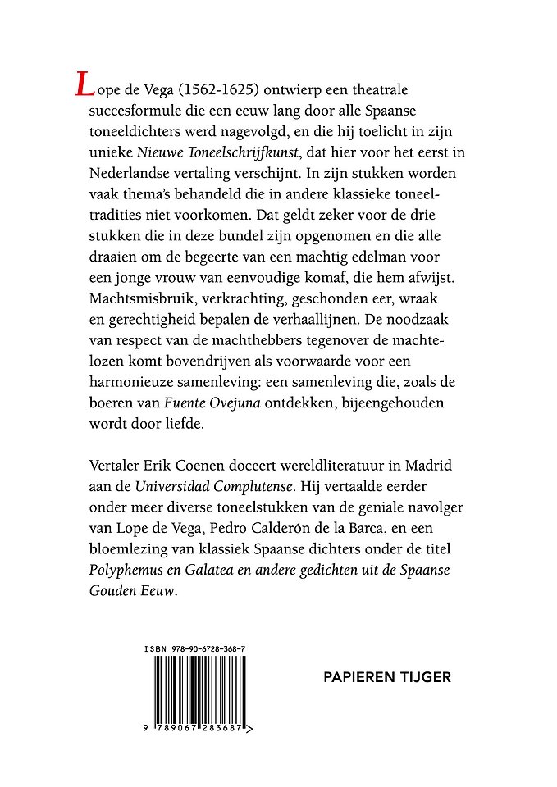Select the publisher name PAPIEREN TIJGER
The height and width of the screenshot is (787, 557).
(x=388, y=678)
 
